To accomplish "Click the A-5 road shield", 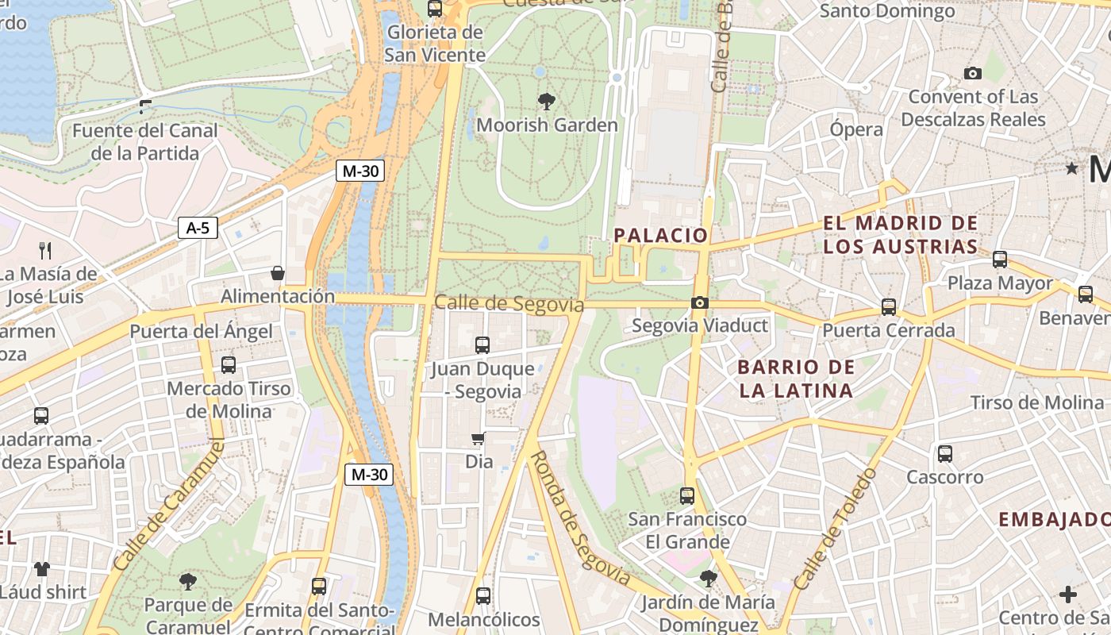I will pos(198,229).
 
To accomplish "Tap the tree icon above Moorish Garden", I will pos(546,101).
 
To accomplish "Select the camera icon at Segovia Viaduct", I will pos(699,302).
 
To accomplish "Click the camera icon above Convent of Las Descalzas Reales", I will pos(972,74).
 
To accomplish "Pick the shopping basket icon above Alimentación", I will pos(278,273).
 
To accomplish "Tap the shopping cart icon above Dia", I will pos(478,438).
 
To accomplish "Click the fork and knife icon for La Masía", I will pos(45,251).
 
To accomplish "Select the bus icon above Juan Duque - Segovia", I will pos(482,345).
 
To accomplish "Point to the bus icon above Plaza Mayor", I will pos(1000,260).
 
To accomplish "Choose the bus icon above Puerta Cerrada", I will pos(889,307).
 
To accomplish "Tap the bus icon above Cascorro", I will pos(944,454).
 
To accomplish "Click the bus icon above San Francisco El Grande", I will pos(687,496).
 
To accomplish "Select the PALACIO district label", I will pos(660,235).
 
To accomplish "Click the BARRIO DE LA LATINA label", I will pos(796,379).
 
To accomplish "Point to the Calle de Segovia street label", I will pos(509,303).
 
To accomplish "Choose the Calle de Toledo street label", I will pos(835,529).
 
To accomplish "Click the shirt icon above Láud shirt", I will pos(41,569).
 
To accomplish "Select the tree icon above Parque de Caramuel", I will pos(188,583).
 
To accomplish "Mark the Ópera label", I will pos(856,129).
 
